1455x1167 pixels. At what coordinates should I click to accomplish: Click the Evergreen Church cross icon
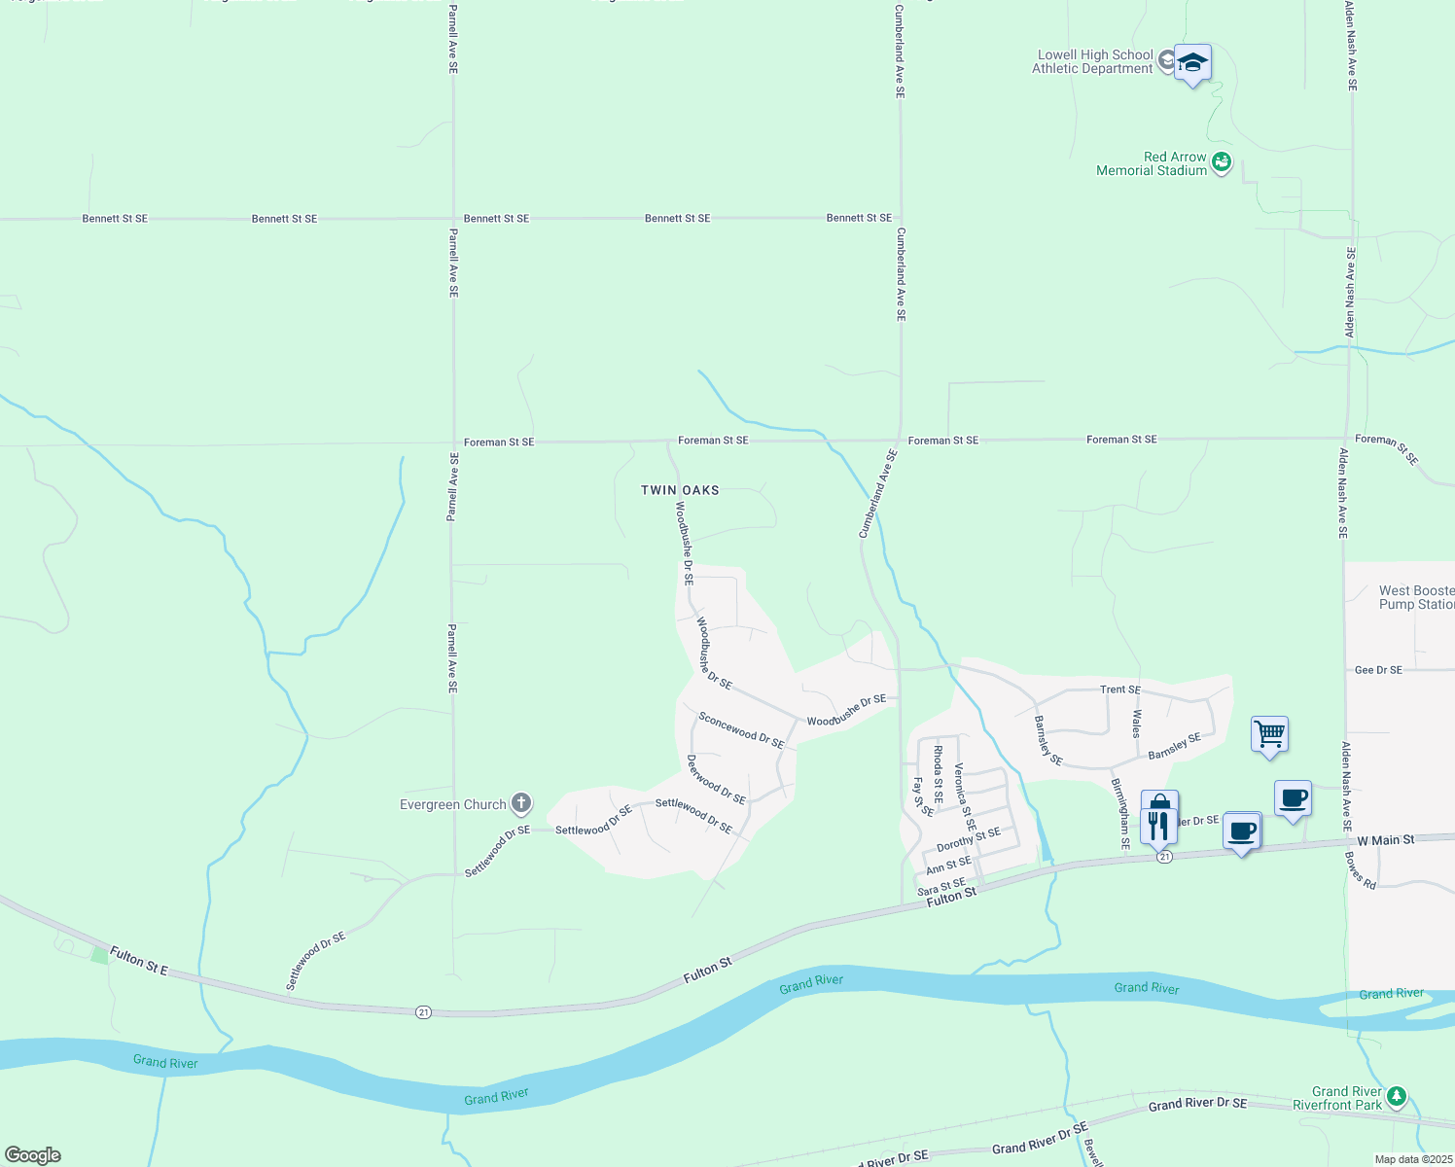tap(521, 803)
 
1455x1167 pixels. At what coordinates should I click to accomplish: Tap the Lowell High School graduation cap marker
tap(1192, 64)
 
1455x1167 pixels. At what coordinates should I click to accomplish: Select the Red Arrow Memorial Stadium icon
tap(1222, 162)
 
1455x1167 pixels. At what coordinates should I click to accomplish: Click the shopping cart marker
tap(1270, 735)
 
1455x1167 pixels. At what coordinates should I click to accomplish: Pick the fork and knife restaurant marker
tap(1158, 826)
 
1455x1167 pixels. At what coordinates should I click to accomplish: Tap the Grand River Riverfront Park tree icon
tap(1397, 1097)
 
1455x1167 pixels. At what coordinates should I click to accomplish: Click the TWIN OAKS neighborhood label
tap(680, 490)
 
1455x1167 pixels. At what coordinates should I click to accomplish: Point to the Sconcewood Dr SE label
tap(741, 730)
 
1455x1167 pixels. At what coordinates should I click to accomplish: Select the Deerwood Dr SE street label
tap(716, 780)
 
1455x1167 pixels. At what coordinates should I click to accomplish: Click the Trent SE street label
tap(1119, 690)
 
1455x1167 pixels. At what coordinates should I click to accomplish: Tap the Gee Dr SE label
tap(1378, 670)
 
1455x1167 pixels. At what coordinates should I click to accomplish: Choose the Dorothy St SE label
tap(968, 839)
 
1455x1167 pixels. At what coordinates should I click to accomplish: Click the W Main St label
tap(1385, 840)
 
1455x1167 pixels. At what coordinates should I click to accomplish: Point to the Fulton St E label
tap(138, 961)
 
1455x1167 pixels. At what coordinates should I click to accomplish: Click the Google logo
tap(32, 1155)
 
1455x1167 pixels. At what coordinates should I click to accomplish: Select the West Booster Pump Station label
tap(1416, 597)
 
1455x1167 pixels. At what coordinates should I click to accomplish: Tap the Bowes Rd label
tap(1361, 870)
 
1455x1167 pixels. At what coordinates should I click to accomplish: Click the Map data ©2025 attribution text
tap(1413, 1159)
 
